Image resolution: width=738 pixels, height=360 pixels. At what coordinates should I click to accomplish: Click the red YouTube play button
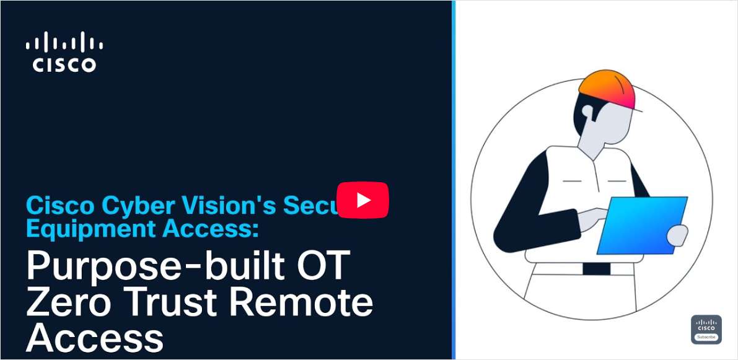[362, 200]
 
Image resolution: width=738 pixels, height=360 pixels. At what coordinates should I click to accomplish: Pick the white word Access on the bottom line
[94, 338]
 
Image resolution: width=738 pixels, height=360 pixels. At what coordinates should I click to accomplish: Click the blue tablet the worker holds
[642, 225]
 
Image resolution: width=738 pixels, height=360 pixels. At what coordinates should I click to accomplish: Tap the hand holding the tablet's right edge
[679, 235]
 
